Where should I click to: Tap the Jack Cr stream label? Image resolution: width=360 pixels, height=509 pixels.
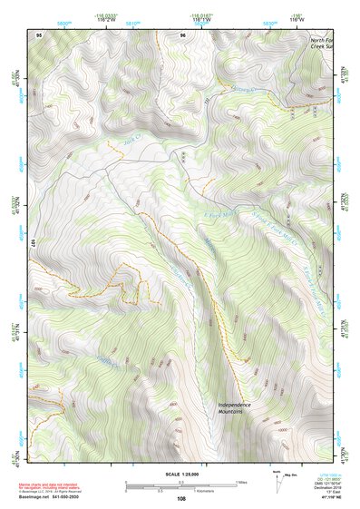tap(135, 142)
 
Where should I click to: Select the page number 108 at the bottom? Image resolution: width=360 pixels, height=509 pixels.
tap(181, 498)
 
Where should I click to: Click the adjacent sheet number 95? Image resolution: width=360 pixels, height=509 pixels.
tap(39, 34)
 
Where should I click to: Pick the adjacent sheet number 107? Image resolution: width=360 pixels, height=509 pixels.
tap(34, 243)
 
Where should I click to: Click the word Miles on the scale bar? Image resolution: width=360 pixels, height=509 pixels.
tap(240, 481)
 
